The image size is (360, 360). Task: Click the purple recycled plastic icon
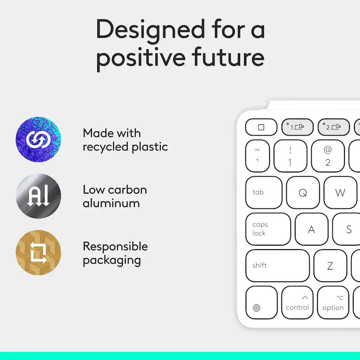(38, 139)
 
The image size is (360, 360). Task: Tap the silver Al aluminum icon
(38, 196)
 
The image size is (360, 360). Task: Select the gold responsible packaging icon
(38, 252)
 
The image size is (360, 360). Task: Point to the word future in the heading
(228, 57)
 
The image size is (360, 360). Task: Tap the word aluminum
(111, 203)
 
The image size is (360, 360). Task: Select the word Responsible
(115, 246)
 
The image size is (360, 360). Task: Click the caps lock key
(268, 229)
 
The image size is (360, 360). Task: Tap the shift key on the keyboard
(278, 266)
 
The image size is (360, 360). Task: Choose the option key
(333, 302)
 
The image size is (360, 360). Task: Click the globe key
(262, 302)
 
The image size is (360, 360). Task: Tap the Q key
(303, 193)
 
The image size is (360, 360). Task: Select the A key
(312, 229)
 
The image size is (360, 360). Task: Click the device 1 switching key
(297, 127)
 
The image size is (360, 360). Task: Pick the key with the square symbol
(261, 127)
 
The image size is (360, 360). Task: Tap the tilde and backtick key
(258, 156)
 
